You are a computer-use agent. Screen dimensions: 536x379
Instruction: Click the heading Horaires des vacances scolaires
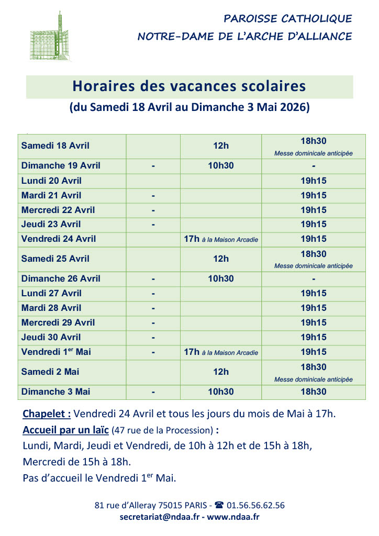pos(189,86)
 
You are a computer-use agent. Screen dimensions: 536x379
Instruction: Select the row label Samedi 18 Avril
pos(55,146)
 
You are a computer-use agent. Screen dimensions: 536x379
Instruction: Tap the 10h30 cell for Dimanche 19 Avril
pos(221,166)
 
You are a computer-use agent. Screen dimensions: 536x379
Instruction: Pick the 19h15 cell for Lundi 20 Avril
pos(313,181)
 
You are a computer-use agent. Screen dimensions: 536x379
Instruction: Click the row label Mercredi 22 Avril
pos(59,210)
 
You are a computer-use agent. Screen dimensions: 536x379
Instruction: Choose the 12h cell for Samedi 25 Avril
pos(221,259)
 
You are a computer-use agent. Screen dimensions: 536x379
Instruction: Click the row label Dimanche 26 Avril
pos(61,278)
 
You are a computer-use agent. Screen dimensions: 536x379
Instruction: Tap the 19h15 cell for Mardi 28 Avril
pos(313,308)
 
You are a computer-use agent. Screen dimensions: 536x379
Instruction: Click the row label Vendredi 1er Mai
pos(56,352)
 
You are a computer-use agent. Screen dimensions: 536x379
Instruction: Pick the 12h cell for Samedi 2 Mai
pos(221,372)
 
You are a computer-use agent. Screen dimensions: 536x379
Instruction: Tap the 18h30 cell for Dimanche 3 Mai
pos(313,392)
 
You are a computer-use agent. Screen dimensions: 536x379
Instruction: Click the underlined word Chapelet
pos(47,414)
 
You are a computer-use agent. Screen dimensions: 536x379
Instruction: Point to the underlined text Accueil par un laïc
pos(65,430)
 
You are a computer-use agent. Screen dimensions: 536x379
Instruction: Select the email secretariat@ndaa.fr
pos(159,517)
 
